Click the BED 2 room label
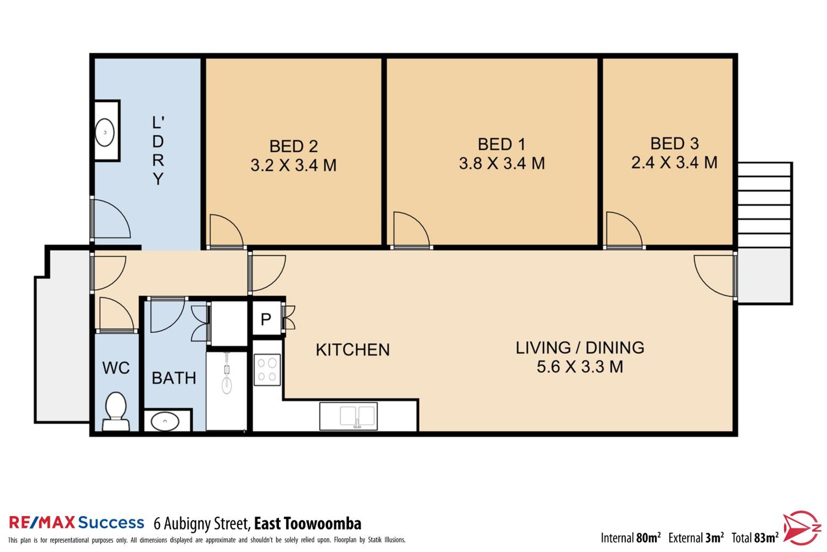click(x=294, y=146)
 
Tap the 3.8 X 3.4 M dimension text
click(x=502, y=163)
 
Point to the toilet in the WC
click(x=116, y=411)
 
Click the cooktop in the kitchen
click(x=267, y=370)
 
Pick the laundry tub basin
click(x=105, y=132)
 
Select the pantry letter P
click(x=266, y=319)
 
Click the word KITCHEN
click(x=353, y=350)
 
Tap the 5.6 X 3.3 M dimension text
click(x=580, y=367)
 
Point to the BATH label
click(x=174, y=378)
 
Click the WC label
click(x=116, y=368)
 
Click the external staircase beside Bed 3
click(x=764, y=205)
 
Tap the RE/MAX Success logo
click(x=76, y=523)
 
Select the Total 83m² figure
click(x=755, y=538)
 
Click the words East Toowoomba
click(x=308, y=524)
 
